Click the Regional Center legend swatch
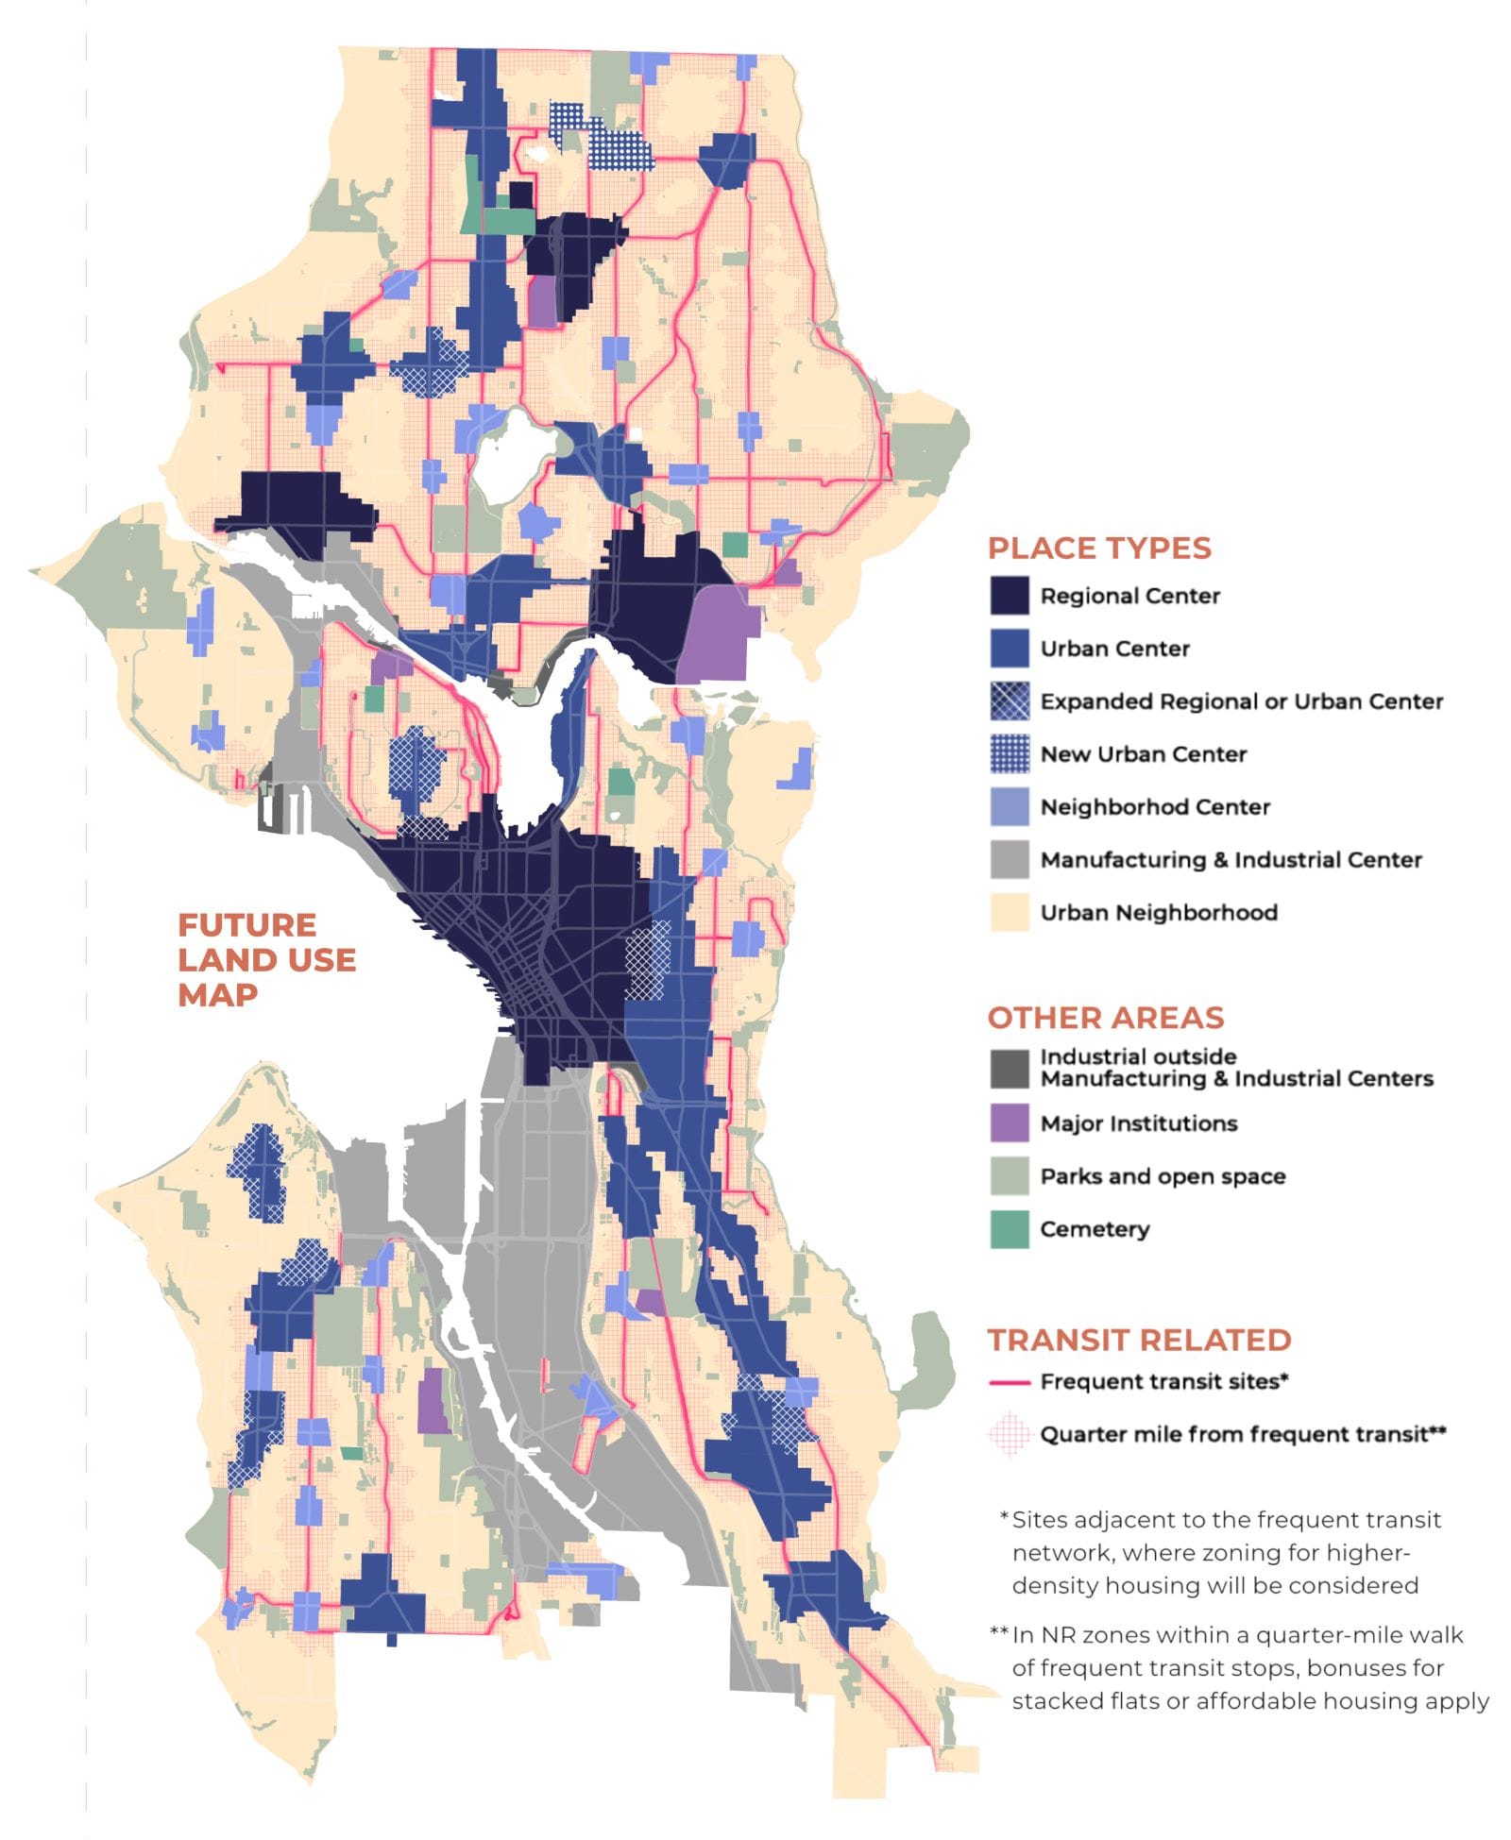[x=1009, y=596]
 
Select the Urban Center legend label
[x=1114, y=649]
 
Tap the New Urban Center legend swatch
[x=1009, y=754]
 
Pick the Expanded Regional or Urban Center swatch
[x=1009, y=701]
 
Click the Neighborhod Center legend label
[x=1154, y=807]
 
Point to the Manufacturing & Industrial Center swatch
[x=1009, y=860]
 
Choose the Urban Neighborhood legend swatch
[x=1009, y=913]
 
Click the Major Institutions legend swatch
[x=1009, y=1123]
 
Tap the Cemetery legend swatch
[x=1009, y=1229]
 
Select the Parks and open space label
[x=1163, y=1176]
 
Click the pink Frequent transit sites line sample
[x=1009, y=1382]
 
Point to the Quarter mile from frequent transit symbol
[x=1009, y=1434]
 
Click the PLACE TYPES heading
[x=1099, y=549]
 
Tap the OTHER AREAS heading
[x=1106, y=1018]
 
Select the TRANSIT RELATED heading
[x=1139, y=1340]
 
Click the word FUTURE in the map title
[x=247, y=924]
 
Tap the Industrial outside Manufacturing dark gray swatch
[x=1009, y=1069]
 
